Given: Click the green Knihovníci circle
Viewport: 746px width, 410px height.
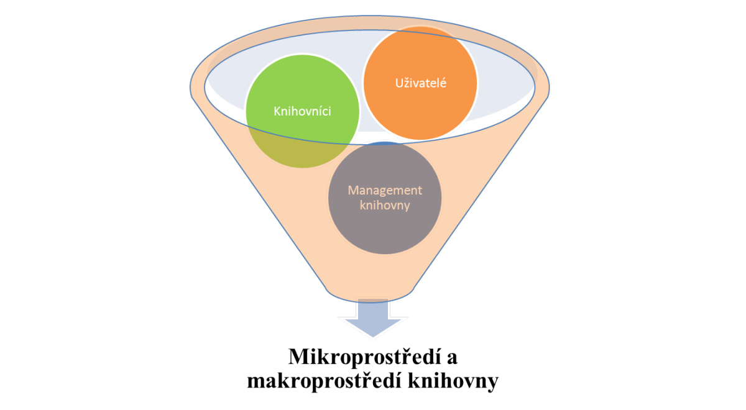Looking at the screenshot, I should (303, 93).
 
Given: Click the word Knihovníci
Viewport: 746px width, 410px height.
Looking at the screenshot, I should (302, 111).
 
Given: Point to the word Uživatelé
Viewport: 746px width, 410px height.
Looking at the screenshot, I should (420, 83).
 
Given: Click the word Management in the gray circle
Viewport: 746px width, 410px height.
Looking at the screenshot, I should (385, 189).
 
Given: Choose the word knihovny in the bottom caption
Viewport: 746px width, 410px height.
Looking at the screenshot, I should (451, 381).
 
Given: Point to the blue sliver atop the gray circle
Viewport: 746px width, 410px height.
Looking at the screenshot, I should (385, 143).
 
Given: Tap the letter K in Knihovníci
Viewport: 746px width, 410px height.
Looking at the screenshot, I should (277, 111).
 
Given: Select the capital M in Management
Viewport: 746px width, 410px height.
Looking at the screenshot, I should (352, 189).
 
